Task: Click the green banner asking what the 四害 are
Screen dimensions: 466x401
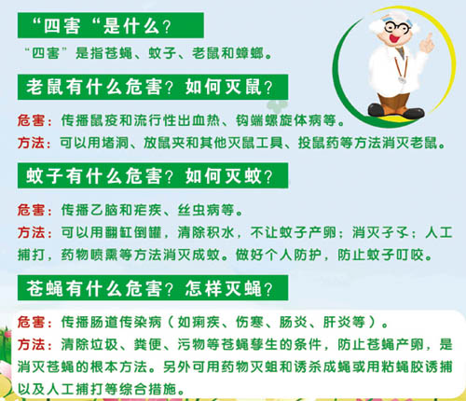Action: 111,25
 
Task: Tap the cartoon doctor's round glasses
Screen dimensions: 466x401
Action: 397,27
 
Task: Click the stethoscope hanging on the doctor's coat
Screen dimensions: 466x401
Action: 400,69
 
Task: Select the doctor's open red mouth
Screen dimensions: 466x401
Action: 395,38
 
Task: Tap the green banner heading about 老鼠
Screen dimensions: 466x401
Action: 153,87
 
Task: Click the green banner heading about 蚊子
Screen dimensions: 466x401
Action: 153,175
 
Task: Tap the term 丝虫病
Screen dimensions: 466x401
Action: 199,210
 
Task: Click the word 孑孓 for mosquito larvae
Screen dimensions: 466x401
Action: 395,232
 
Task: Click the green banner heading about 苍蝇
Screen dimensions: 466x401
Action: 153,288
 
